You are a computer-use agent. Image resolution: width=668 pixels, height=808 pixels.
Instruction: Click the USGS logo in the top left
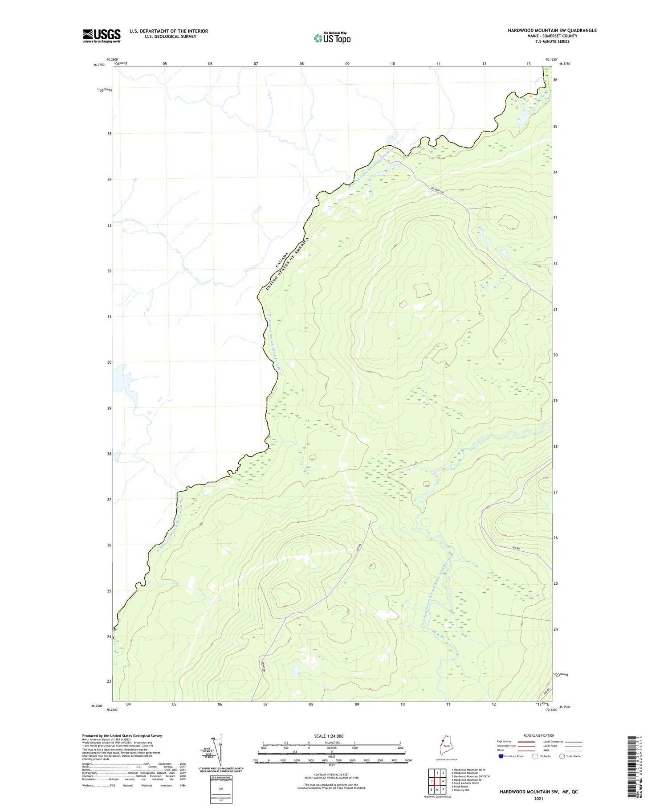click(x=102, y=36)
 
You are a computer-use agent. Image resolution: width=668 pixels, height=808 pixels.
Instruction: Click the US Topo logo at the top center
click(x=332, y=38)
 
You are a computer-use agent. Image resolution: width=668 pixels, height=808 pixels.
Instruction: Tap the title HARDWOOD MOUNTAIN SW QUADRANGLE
click(x=552, y=30)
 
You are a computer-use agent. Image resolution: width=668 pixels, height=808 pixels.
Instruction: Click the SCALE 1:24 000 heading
click(x=332, y=736)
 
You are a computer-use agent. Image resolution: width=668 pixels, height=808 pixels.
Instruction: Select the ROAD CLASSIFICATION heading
click(x=539, y=735)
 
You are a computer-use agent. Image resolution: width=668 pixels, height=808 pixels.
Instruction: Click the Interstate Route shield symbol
click(x=501, y=756)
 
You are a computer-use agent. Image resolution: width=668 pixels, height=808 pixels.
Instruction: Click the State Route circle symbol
click(x=562, y=756)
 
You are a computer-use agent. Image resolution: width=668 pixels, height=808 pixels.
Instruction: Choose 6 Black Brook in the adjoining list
click(x=460, y=786)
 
